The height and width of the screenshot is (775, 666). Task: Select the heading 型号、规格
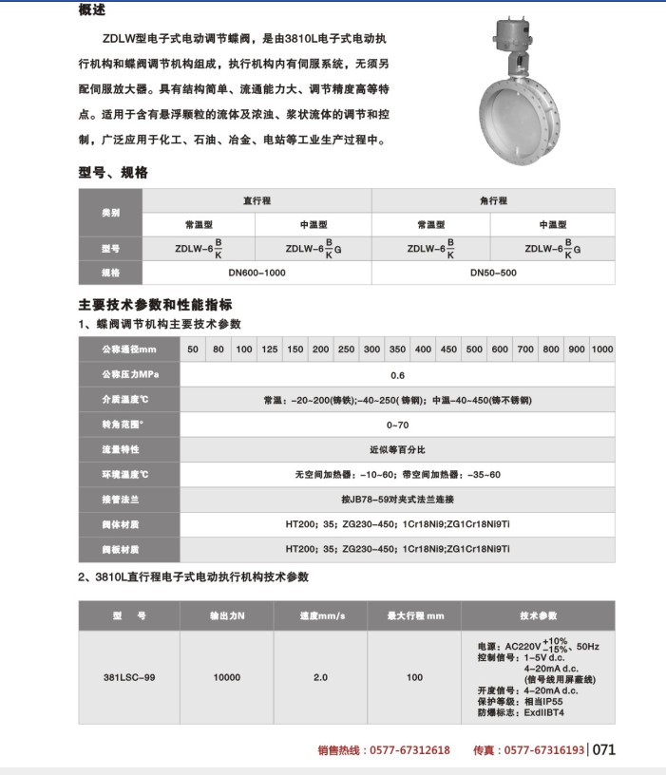[112, 173]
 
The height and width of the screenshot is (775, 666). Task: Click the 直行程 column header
[257, 200]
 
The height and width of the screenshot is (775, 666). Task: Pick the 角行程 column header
[493, 200]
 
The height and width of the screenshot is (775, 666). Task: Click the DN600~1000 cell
[257, 273]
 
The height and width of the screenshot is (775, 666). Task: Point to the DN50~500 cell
[493, 273]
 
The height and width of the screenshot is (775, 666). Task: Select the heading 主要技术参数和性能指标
[154, 306]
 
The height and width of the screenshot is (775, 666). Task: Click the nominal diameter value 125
[270, 350]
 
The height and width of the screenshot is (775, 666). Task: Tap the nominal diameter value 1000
[602, 350]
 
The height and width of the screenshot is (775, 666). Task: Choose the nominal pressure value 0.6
[397, 375]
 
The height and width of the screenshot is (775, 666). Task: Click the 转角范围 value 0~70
[397, 425]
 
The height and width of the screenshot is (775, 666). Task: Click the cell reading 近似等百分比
[397, 449]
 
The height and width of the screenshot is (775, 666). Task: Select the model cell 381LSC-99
[128, 677]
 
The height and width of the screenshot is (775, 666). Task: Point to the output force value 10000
[227, 677]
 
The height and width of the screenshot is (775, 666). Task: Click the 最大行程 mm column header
[415, 616]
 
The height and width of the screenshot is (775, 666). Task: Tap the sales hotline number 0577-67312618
[410, 750]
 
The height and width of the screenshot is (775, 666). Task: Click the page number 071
[605, 749]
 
